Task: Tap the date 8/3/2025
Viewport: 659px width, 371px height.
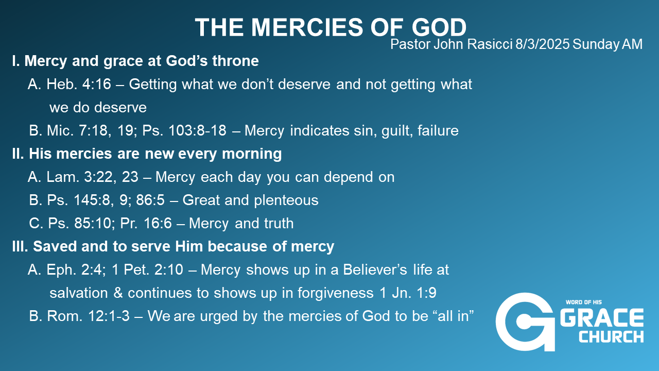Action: pyautogui.click(x=542, y=44)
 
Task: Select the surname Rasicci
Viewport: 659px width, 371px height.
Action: pyautogui.click(x=490, y=44)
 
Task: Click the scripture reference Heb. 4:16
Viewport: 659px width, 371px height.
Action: pyautogui.click(x=79, y=84)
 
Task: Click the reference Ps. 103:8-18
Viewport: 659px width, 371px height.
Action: pyautogui.click(x=184, y=130)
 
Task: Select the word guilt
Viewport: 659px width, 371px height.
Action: pyautogui.click(x=397, y=131)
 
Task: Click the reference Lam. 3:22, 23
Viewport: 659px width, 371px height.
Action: pyautogui.click(x=92, y=177)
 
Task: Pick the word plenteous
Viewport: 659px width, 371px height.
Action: pyautogui.click(x=286, y=200)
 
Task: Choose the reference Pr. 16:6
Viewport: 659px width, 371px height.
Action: pyautogui.click(x=146, y=223)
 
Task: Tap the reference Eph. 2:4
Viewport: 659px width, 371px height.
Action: pyautogui.click(x=76, y=269)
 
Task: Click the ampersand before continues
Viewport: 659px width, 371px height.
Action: pyautogui.click(x=118, y=293)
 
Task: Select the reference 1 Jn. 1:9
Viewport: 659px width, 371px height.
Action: pyautogui.click(x=408, y=293)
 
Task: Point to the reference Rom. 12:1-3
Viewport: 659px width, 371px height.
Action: pyautogui.click(x=88, y=316)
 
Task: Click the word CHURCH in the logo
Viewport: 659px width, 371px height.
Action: pyautogui.click(x=611, y=337)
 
